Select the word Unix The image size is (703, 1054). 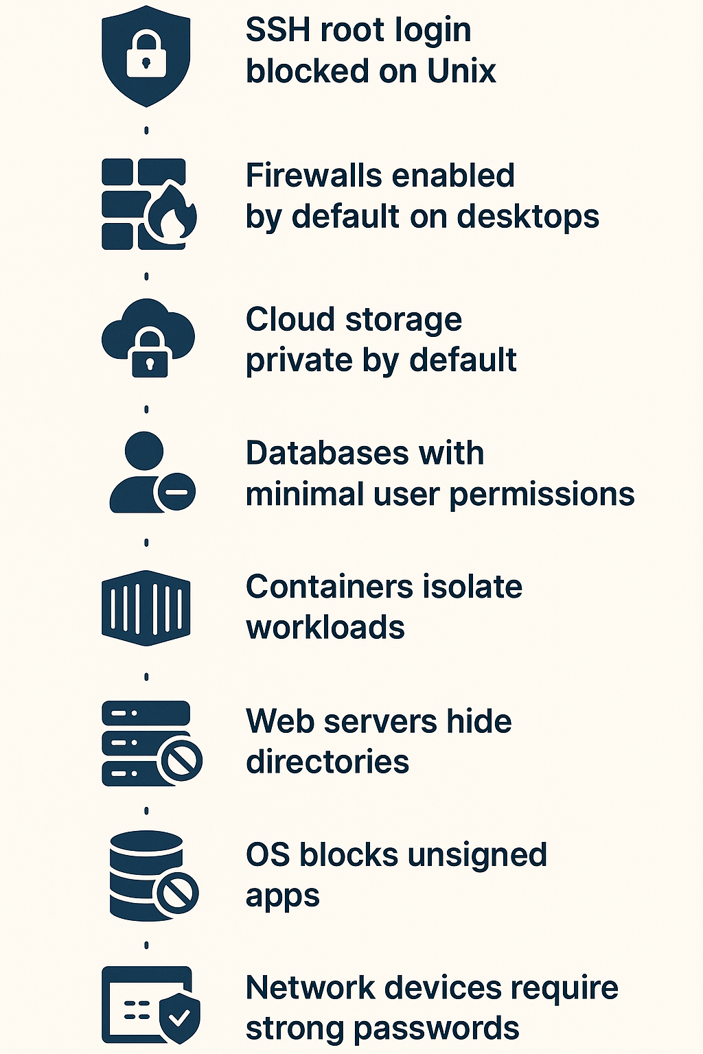461,71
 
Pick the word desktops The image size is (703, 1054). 528,217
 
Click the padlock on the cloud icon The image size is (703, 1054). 150,353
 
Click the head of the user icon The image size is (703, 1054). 145,451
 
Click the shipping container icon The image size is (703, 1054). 146,608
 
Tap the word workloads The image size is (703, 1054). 325,628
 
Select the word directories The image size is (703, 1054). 327,762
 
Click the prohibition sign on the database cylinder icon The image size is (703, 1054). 178,892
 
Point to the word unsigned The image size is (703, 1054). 477,856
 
